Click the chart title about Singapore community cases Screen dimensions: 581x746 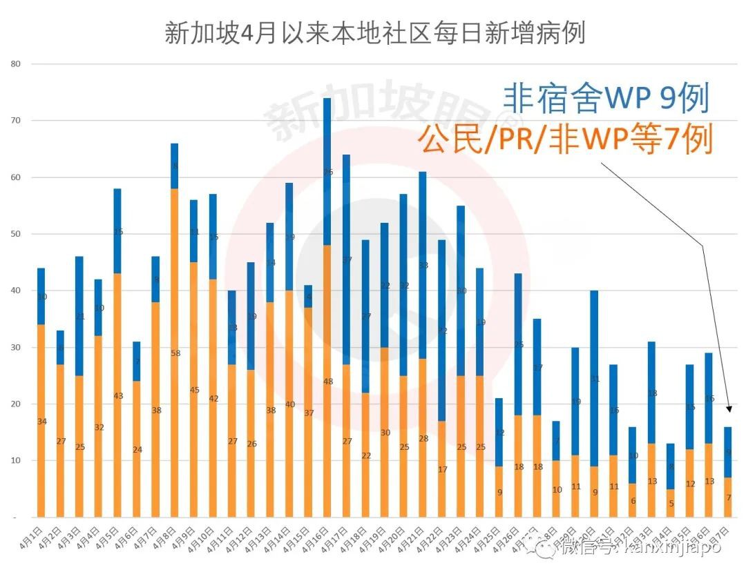click(x=374, y=32)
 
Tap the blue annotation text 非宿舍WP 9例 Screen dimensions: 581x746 click(x=606, y=99)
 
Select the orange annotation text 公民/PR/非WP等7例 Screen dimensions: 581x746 click(x=564, y=141)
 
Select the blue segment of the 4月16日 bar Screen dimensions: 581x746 click(x=327, y=173)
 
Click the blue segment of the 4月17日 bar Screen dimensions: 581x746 click(x=347, y=259)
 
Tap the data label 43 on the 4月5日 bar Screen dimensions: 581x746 click(x=118, y=395)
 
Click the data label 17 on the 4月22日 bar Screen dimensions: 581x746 click(x=442, y=469)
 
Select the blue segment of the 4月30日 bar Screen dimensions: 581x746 click(x=594, y=378)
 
